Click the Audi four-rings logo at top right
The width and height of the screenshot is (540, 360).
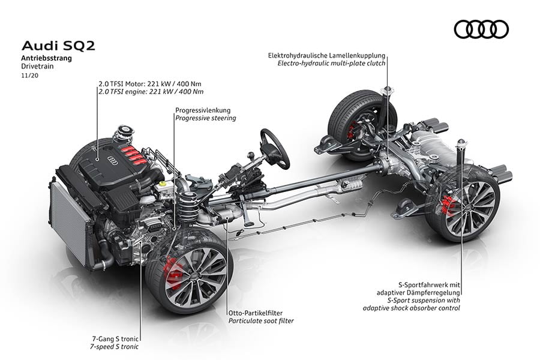click(481, 29)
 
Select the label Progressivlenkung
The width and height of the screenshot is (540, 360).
click(203, 110)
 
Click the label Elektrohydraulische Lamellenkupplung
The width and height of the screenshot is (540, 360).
click(327, 56)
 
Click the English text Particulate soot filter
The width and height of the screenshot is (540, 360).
click(261, 322)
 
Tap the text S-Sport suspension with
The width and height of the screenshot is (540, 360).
click(423, 300)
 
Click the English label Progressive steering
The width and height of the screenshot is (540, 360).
click(206, 118)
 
